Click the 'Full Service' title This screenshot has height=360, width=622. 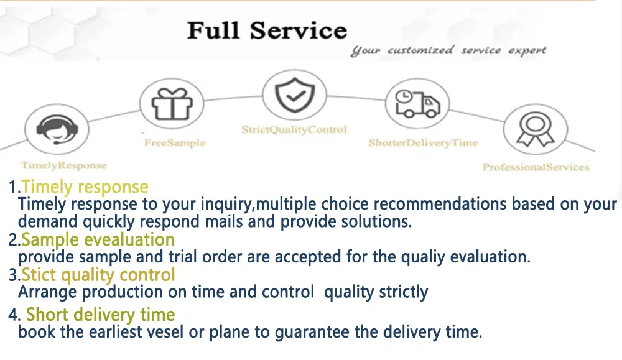pos(267,30)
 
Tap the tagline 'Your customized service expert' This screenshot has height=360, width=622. pos(448,51)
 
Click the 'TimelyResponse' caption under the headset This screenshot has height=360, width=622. pos(63,165)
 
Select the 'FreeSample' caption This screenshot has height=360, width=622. pos(175,142)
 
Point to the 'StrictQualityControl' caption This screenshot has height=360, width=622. pos(294,130)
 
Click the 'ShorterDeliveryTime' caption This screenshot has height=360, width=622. pos(423,142)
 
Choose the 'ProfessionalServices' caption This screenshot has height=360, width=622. pos(536,167)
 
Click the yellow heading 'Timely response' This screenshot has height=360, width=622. pos(85,187)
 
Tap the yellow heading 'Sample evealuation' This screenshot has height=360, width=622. pos(98,240)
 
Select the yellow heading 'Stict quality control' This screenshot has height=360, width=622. pos(98,275)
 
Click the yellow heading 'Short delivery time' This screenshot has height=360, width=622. pos(100,315)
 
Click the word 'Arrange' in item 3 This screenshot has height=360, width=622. pos(48,292)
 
